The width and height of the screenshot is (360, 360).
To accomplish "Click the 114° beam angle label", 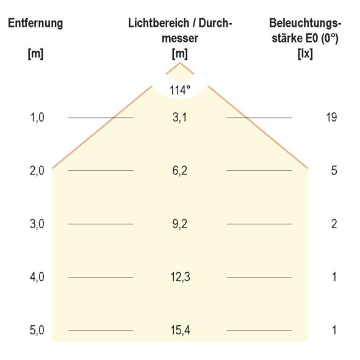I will pyautogui.click(x=180, y=90).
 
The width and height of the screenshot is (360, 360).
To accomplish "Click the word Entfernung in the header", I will pyautogui.click(x=35, y=24).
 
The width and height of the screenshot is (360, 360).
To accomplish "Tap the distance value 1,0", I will pyautogui.click(x=38, y=117).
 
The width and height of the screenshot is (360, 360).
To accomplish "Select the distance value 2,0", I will pyautogui.click(x=38, y=171).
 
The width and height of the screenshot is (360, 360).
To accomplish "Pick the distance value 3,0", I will pyautogui.click(x=38, y=224).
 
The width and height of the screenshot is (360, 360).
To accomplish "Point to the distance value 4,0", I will pyautogui.click(x=38, y=278).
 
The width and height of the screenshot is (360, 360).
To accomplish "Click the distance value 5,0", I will pyautogui.click(x=38, y=331).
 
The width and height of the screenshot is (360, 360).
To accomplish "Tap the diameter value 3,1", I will pyautogui.click(x=179, y=117).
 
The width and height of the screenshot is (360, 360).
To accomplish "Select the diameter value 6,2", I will pyautogui.click(x=179, y=171).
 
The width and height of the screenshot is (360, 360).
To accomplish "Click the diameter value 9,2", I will pyautogui.click(x=179, y=224).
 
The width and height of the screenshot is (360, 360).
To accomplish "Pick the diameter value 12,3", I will pyautogui.click(x=179, y=278).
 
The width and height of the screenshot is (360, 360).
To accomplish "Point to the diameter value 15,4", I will pyautogui.click(x=179, y=331).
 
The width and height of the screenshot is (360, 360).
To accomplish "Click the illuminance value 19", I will pyautogui.click(x=332, y=117).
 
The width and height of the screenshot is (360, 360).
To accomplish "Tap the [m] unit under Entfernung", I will pyautogui.click(x=35, y=53).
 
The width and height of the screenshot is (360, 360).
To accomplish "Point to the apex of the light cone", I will pyautogui.click(x=180, y=63).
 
